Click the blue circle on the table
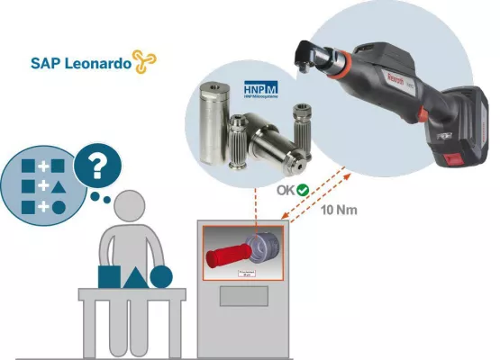pyautogui.click(x=161, y=275)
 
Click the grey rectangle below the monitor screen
pyautogui.click(x=244, y=296)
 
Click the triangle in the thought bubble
pyautogui.click(x=58, y=187)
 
